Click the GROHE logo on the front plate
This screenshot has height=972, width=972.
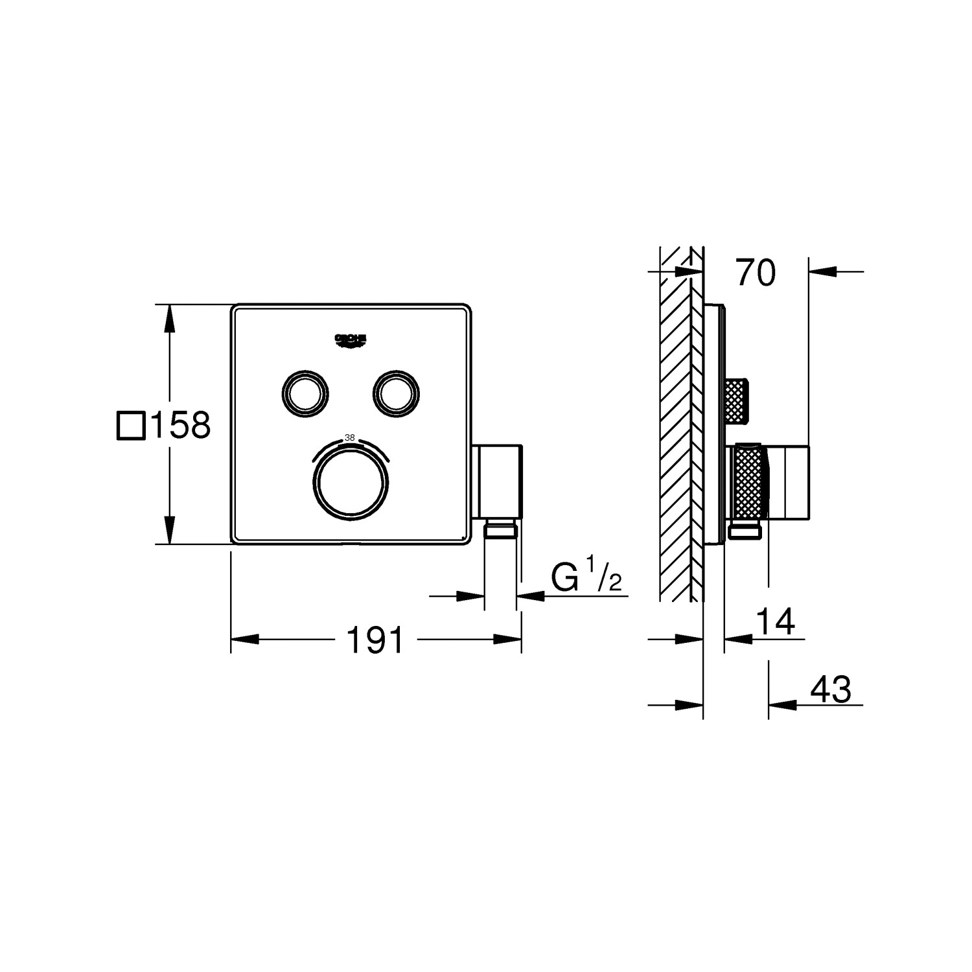351,341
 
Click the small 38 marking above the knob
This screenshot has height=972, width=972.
350,437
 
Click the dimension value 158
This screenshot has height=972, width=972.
181,426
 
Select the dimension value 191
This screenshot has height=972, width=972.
376,640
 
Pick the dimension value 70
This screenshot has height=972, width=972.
755,273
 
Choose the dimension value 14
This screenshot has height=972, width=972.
776,622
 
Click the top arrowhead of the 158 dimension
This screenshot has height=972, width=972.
170,318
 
